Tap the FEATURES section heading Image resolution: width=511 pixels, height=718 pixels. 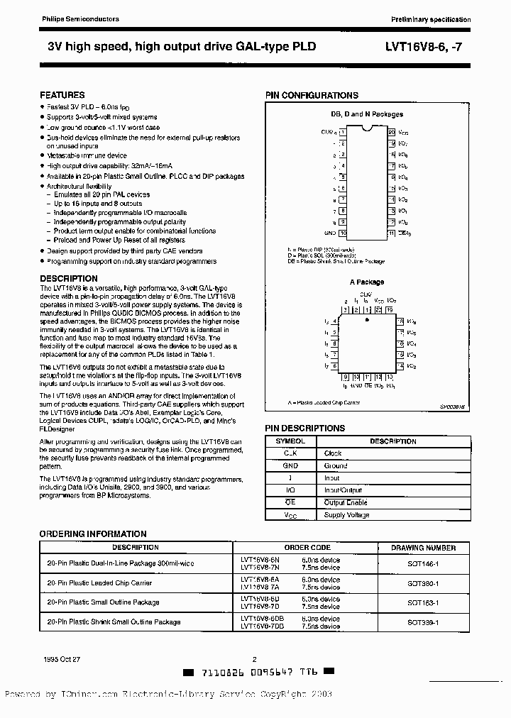click(62, 95)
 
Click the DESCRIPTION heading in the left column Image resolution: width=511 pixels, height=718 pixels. click(69, 279)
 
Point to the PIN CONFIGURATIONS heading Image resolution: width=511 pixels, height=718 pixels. click(312, 95)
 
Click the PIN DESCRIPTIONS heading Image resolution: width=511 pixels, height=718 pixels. click(305, 429)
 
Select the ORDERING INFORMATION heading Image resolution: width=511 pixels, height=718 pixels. click(93, 534)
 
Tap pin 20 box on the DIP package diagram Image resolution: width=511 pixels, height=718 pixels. click(391, 132)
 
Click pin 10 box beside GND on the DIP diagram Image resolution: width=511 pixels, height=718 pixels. click(343, 232)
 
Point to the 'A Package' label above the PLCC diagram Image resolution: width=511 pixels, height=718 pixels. click(366, 282)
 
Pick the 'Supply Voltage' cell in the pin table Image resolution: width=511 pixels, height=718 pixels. click(347, 515)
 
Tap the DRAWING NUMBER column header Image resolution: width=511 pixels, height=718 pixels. click(423, 548)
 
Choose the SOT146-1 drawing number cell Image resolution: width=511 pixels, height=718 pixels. click(423, 563)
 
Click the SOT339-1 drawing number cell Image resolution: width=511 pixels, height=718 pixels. click(423, 622)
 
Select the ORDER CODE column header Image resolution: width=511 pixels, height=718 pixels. click(307, 548)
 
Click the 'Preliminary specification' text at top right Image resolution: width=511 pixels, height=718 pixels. click(430, 19)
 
